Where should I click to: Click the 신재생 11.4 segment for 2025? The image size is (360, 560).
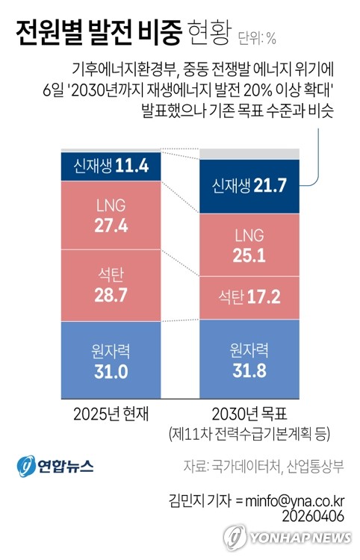111,166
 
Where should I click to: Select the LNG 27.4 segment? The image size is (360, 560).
111,215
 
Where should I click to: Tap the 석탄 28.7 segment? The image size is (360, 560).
111,284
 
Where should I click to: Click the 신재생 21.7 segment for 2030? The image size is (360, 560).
249,184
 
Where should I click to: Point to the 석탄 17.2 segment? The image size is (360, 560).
249,297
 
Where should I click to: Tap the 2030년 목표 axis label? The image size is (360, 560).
249,413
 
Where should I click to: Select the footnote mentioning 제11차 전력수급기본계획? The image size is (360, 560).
249,433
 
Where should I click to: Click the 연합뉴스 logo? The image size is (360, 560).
55,465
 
